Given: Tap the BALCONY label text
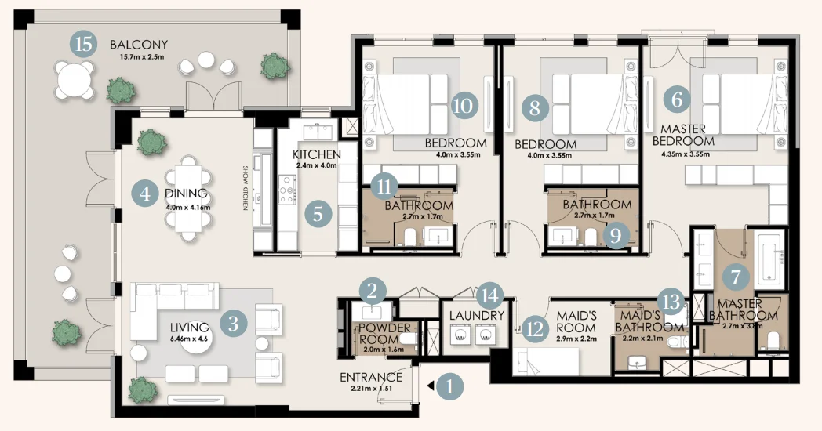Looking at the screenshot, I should click(139, 44).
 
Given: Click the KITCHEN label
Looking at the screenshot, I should click(317, 154).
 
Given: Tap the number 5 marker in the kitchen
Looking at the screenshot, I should click(318, 214).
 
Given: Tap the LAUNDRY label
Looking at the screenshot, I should click(476, 315).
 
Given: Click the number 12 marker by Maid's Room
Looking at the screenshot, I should click(535, 329).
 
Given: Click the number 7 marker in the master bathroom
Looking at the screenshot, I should click(735, 276).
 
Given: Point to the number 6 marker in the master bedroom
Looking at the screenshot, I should click(677, 100).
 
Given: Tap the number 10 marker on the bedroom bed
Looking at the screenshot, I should click(464, 105).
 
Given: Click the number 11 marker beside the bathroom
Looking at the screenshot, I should click(382, 186).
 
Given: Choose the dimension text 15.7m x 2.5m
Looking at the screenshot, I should click(139, 57).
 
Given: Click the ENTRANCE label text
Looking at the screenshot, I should click(371, 378).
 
